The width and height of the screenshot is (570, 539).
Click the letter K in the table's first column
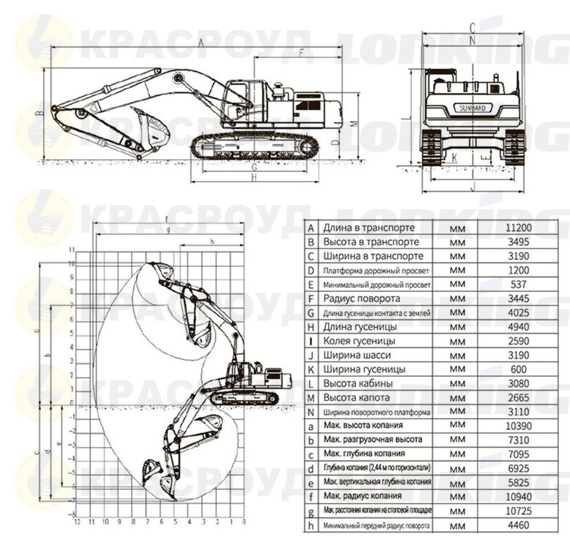310,369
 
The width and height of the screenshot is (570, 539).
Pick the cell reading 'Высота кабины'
358,384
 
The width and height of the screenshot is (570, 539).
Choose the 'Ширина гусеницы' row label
364,369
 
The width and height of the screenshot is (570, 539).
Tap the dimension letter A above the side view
200,44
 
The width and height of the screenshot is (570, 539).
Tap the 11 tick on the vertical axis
71,250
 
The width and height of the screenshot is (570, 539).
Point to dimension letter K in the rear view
454,157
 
